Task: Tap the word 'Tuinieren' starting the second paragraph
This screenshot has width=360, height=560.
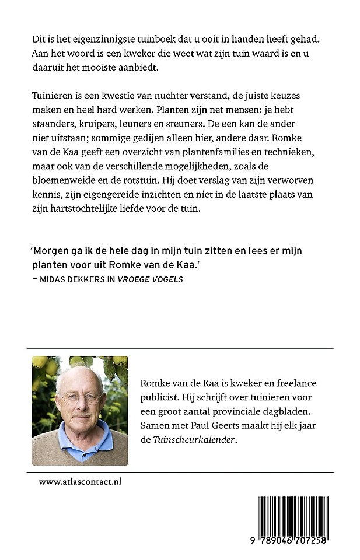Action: [x=54, y=94]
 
